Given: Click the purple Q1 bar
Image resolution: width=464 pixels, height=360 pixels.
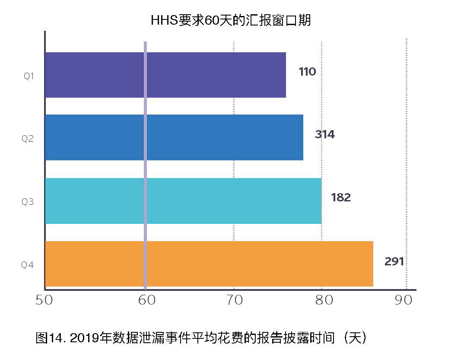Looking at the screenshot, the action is [166, 75].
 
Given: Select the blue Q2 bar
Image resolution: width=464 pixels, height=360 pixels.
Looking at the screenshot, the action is [174, 137].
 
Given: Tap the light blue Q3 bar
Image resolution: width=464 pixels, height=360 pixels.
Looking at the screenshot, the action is [184, 201].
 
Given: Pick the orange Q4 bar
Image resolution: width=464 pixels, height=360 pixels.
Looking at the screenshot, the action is [209, 264].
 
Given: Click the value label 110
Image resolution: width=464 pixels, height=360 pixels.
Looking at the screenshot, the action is [307, 72].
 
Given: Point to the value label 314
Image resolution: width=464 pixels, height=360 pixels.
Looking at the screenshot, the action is [324, 134].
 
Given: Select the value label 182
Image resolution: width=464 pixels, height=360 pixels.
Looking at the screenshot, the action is [341, 198].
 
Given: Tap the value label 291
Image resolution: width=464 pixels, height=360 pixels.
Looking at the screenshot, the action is [394, 261].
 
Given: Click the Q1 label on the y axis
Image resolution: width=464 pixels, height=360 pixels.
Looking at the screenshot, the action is [29, 76].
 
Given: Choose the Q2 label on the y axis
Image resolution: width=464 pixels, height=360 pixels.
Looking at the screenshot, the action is [28, 139].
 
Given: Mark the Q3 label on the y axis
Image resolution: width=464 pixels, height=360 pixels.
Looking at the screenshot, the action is [28, 202].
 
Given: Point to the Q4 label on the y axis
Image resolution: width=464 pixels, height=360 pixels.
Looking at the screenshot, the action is [28, 264].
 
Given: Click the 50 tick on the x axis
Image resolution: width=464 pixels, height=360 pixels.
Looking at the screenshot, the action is [44, 300].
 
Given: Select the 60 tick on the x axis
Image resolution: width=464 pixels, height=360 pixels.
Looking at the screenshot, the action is [147, 300].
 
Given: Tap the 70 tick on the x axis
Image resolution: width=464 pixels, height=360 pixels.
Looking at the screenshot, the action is [234, 300].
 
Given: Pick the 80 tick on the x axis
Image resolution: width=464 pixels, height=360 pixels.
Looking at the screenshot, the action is [324, 300].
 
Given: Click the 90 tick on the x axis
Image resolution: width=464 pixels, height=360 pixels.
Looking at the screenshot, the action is [404, 300].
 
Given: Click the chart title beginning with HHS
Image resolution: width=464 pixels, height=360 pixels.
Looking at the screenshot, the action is [231, 20].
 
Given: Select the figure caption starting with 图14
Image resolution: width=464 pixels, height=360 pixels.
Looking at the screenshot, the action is [201, 338].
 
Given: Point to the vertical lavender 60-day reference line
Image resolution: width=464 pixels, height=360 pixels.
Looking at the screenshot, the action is [145, 166].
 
